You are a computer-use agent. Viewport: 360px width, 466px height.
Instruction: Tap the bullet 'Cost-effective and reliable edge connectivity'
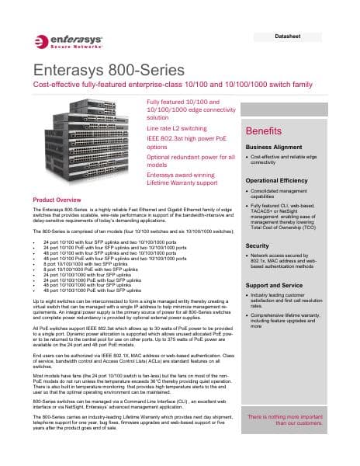pyautogui.click(x=289, y=160)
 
